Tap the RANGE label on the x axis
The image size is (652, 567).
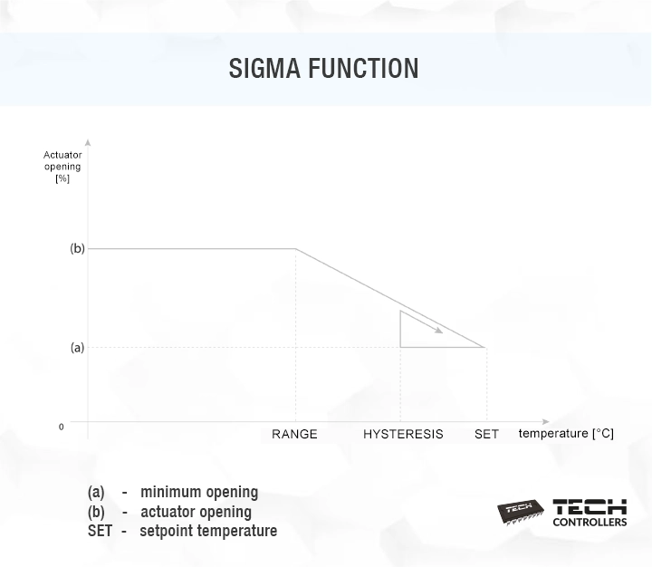click(295, 434)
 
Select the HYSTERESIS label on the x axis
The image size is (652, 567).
click(403, 434)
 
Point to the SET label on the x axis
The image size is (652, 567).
click(486, 434)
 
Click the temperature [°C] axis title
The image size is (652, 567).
click(566, 433)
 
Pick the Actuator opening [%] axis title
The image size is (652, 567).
click(62, 167)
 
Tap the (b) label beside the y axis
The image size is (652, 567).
click(77, 248)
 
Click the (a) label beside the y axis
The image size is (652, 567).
click(77, 347)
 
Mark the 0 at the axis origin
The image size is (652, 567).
click(62, 427)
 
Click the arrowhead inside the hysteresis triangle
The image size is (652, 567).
click(438, 330)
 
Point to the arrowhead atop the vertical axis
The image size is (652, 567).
click(88, 142)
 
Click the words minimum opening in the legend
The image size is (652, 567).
click(199, 492)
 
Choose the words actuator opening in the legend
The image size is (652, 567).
click(196, 512)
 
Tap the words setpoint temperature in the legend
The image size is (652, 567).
click(208, 531)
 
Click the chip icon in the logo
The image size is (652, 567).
click(521, 511)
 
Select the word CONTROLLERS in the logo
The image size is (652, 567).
click(590, 522)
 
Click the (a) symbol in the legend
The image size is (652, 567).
click(96, 492)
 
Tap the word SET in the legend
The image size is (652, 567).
click(99, 531)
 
